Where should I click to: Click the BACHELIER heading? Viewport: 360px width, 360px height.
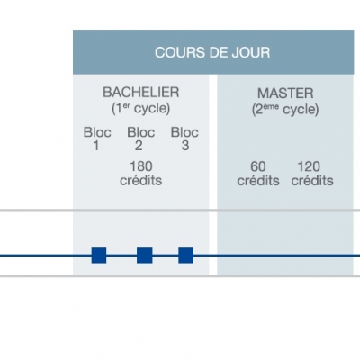(x=141, y=93)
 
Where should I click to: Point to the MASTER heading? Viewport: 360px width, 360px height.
(x=285, y=94)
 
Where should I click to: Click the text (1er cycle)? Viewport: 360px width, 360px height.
(x=141, y=109)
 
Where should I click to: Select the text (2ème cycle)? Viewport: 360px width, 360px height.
(x=285, y=110)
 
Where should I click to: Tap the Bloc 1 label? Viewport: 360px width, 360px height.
(x=97, y=139)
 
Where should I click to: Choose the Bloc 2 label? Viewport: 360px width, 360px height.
(x=141, y=139)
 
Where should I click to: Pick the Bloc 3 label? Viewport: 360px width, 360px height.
(x=184, y=139)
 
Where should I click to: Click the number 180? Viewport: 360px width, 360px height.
(x=141, y=166)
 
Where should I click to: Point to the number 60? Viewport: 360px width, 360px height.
(x=258, y=166)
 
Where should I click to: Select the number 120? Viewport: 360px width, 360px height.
(x=309, y=166)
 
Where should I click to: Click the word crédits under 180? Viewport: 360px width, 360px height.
(x=141, y=181)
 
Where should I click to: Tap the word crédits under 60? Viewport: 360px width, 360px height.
(x=258, y=181)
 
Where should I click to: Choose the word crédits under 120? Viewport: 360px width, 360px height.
(x=312, y=181)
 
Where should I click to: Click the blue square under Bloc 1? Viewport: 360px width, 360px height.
(x=99, y=256)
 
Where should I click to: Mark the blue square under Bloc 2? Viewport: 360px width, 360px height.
(x=145, y=256)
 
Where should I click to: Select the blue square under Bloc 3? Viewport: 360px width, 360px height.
(x=186, y=256)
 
